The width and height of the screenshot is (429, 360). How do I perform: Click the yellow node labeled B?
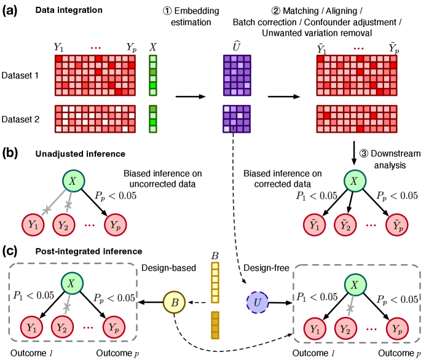[174, 302]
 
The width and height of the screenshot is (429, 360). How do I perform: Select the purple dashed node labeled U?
[258, 303]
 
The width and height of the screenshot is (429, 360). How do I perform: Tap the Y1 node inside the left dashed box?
[31, 327]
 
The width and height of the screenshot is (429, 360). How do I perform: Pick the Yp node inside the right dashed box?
[397, 329]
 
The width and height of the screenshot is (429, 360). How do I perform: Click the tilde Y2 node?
[345, 225]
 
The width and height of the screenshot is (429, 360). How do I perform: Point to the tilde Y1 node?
[314, 225]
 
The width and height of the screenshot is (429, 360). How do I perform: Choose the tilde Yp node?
[396, 225]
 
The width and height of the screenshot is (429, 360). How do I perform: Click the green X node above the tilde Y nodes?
[355, 181]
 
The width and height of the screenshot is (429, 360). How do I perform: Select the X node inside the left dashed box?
[72, 283]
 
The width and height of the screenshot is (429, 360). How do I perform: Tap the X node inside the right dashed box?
[355, 284]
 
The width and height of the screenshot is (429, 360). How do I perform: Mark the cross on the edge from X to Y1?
[47, 209]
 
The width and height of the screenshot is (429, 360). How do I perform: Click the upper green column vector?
[153, 76]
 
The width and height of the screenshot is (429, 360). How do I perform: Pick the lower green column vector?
[153, 119]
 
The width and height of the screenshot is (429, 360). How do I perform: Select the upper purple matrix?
[237, 76]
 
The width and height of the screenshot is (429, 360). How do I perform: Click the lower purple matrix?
[237, 119]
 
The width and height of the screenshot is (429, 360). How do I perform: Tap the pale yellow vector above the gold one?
[215, 283]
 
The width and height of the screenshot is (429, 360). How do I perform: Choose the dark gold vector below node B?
[215, 325]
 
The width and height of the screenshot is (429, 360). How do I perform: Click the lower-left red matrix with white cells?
[95, 119]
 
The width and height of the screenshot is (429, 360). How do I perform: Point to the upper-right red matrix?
[356, 76]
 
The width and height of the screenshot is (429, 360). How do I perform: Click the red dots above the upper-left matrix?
[96, 48]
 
